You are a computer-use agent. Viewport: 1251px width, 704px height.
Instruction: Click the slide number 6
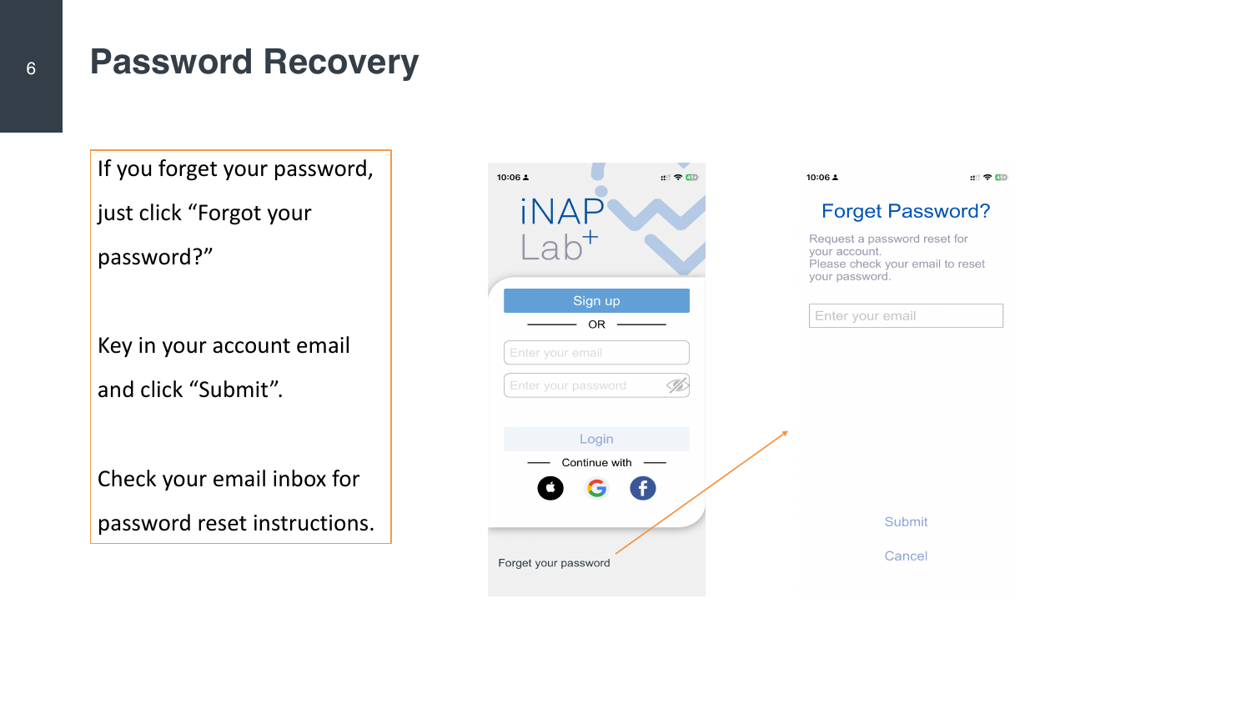31,68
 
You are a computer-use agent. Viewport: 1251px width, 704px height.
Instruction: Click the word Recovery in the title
340,62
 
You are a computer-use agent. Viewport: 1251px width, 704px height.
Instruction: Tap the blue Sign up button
596,300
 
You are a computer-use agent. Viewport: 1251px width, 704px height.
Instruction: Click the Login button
596,439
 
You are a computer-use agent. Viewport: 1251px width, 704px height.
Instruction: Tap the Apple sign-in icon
550,488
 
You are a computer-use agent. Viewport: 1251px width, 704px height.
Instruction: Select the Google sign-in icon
596,488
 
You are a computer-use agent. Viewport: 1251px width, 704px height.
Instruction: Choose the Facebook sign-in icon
643,488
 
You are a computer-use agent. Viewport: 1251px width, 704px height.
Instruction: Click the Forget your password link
554,563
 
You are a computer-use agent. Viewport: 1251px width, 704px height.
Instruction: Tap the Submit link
906,522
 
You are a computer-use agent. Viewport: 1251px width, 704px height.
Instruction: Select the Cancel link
906,556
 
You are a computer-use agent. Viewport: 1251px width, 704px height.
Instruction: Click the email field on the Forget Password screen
906,315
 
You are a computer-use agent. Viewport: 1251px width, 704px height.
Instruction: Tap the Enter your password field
596,385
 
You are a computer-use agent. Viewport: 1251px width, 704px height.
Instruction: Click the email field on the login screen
596,353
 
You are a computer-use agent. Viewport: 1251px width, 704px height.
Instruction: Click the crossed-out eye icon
677,385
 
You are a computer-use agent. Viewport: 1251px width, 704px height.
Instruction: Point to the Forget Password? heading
906,211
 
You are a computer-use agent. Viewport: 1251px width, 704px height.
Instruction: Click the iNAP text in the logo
562,212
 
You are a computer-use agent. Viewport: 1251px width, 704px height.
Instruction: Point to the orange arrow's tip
787,431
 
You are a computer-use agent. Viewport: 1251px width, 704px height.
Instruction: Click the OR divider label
596,324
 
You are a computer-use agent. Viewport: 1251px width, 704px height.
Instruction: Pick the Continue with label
596,463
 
